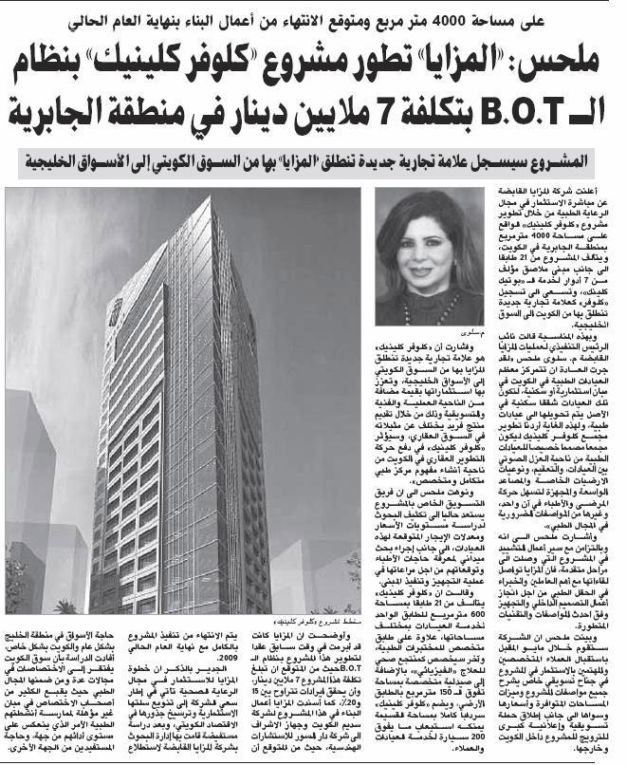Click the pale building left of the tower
coord(33,475)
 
